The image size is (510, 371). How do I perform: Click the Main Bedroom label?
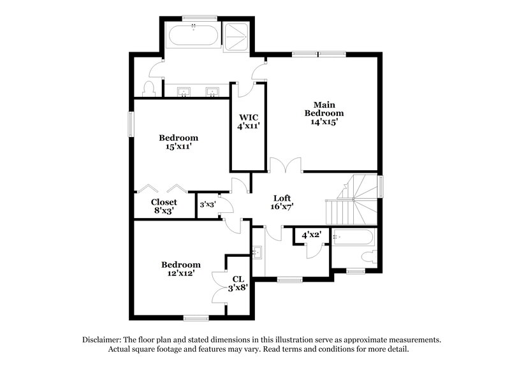(328, 113)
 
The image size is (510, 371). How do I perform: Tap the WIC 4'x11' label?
(248, 122)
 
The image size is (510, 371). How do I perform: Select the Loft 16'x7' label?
(282, 202)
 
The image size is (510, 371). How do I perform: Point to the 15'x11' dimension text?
(178, 147)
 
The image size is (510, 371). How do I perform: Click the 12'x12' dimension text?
(180, 273)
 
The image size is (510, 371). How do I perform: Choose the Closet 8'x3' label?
(163, 206)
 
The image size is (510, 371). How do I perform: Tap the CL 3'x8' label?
(238, 283)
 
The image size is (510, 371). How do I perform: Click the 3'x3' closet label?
(207, 205)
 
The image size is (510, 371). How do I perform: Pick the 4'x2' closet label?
(310, 235)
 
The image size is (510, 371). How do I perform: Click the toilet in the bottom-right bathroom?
(367, 257)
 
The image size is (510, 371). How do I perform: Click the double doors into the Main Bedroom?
(285, 165)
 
